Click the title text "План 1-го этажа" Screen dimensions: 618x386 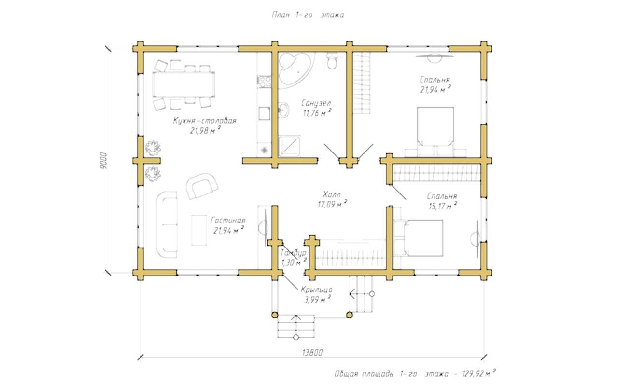[308, 15]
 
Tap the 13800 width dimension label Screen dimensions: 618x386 [312, 353]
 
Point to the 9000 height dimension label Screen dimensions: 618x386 [103, 161]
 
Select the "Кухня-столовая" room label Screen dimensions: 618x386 [205, 121]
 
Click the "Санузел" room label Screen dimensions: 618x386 [316, 103]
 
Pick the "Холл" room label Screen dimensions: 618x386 [332, 194]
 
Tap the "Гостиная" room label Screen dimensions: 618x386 [228, 221]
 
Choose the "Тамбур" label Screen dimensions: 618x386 [293, 253]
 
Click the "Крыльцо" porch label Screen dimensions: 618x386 [316, 290]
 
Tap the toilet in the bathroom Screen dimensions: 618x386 [332, 61]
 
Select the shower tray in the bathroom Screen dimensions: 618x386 [289, 146]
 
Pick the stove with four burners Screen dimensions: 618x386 [264, 82]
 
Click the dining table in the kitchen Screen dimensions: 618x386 [184, 84]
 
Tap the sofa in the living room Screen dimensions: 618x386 [167, 225]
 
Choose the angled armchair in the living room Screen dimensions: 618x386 [202, 186]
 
